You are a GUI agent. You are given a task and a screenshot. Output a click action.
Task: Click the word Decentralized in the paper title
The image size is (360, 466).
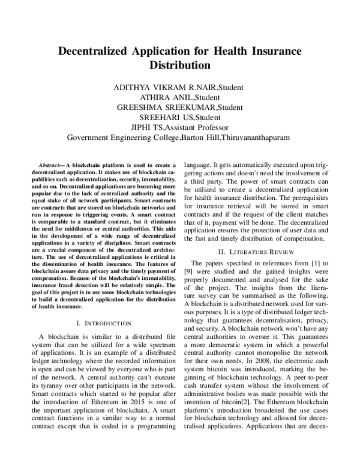click(x=95, y=51)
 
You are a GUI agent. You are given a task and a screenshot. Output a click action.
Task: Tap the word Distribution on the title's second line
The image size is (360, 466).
click(x=179, y=65)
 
